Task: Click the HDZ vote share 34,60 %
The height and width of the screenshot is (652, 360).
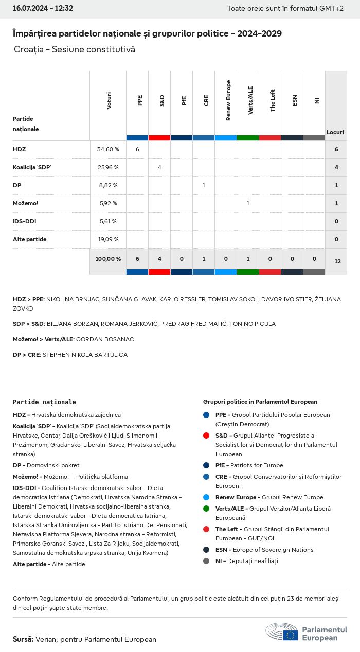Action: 108,149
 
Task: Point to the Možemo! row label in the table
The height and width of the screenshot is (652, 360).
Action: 26,203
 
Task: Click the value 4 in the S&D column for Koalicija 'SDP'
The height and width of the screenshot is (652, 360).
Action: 159,167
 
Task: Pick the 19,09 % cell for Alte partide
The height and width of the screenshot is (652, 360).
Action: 108,239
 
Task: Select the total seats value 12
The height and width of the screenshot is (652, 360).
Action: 337,261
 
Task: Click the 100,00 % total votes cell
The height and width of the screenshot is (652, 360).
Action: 108,259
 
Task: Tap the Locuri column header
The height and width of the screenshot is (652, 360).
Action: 335,132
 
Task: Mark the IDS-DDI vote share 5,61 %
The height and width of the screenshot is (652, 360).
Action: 108,221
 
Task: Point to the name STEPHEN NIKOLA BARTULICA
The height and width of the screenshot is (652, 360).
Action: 85,355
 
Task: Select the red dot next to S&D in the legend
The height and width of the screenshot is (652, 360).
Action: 206,436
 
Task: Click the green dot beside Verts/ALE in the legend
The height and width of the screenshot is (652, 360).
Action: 206,509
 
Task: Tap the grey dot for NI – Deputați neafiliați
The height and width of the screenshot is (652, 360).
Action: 206,561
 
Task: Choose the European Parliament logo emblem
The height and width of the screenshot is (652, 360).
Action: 281,632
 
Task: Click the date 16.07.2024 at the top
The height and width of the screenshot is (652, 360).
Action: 28,8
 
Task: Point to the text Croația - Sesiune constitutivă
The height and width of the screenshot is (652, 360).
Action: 75,49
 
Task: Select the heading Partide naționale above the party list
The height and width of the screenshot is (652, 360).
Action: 44,402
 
